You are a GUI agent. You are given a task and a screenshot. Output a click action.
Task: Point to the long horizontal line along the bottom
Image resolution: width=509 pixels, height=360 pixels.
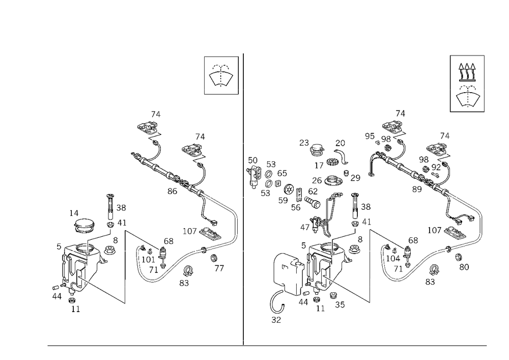(267, 346)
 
